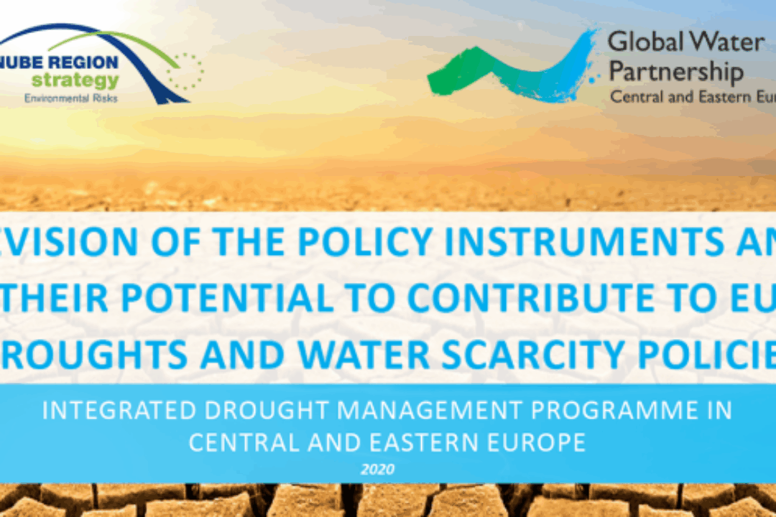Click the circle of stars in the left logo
[185, 71]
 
